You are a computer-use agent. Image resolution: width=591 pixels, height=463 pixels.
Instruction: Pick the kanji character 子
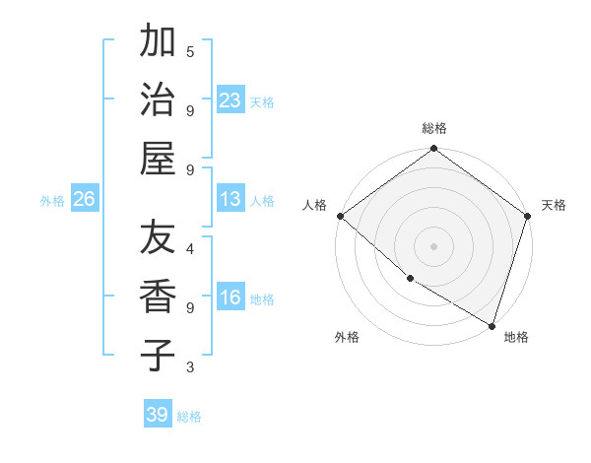coord(158,356)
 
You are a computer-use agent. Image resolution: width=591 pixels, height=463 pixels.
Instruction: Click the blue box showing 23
coord(230,99)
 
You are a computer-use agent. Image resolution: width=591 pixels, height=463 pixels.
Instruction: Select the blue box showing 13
coord(230,199)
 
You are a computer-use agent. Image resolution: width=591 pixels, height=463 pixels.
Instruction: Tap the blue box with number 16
coord(230,298)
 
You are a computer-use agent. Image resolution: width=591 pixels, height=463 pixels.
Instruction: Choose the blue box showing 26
coord(84,199)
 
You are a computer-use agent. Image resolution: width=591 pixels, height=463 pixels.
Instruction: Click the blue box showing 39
coord(158,415)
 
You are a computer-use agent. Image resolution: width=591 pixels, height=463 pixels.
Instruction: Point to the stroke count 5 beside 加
coord(190,50)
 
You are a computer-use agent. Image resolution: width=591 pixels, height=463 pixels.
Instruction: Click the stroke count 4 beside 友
coord(190,248)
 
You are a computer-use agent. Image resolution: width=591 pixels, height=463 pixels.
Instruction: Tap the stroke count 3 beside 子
coord(190,367)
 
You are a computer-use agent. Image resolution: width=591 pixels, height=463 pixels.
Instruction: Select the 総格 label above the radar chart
coord(434,129)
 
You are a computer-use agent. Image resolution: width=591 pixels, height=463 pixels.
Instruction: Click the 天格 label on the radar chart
coord(554,205)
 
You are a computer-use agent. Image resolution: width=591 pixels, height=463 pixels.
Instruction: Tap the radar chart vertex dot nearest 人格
coord(340,216)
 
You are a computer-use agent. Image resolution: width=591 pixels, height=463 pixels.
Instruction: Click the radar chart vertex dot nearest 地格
coord(492,325)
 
